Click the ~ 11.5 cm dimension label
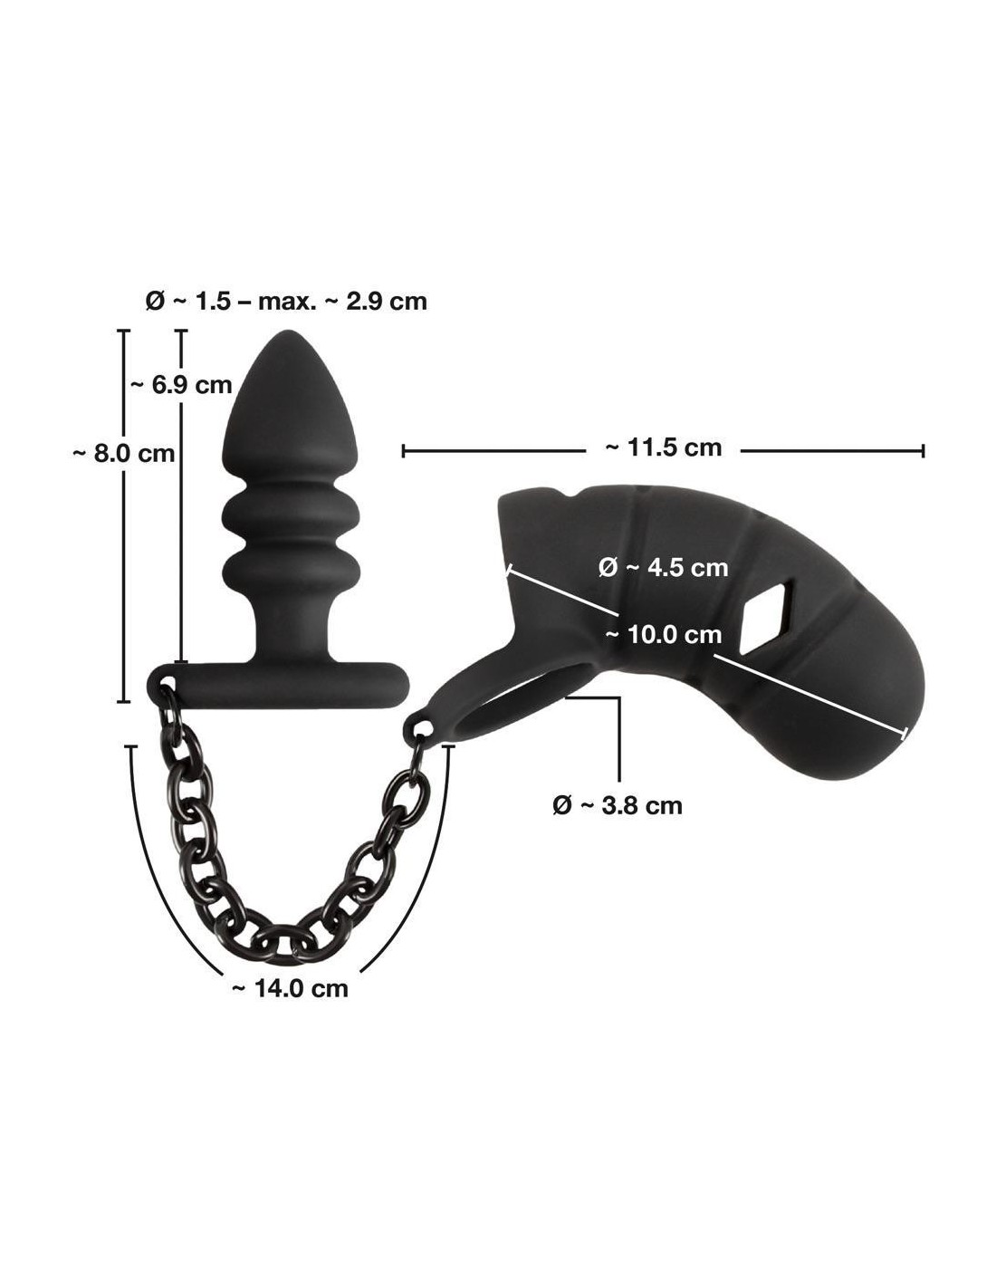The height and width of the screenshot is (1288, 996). pos(663,447)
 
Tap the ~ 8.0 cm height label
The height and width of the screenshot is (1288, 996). pos(123,454)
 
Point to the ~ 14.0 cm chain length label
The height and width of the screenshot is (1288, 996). pos(290,988)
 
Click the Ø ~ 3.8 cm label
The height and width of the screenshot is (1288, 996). pos(618,805)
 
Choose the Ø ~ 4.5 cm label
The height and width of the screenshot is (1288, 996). pos(663,568)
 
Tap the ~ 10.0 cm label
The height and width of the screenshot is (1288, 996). pos(663,635)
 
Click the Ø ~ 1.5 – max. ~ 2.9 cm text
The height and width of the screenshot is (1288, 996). pos(286,302)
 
